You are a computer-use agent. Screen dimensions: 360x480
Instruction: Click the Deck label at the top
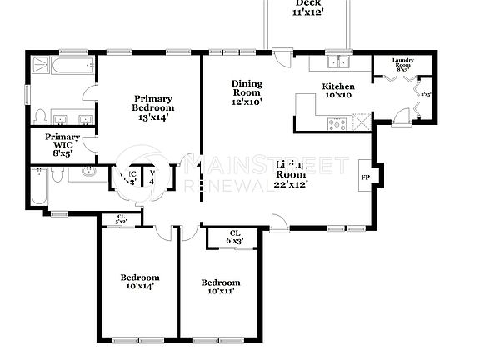tap(307, 7)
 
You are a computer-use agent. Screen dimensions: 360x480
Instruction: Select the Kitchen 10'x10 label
tap(338, 91)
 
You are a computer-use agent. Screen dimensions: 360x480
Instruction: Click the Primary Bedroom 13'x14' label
tap(153, 107)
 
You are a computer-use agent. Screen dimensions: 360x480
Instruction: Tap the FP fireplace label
tap(365, 177)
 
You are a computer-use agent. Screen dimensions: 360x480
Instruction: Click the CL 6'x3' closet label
tap(234, 237)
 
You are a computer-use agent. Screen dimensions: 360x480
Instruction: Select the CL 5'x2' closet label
tap(122, 219)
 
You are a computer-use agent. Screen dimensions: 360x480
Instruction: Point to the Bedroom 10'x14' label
tap(139, 281)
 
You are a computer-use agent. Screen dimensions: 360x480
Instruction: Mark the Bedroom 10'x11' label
tap(220, 287)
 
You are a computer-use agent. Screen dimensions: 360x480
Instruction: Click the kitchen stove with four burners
tap(338, 123)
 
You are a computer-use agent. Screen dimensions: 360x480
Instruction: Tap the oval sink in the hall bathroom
tap(89, 173)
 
